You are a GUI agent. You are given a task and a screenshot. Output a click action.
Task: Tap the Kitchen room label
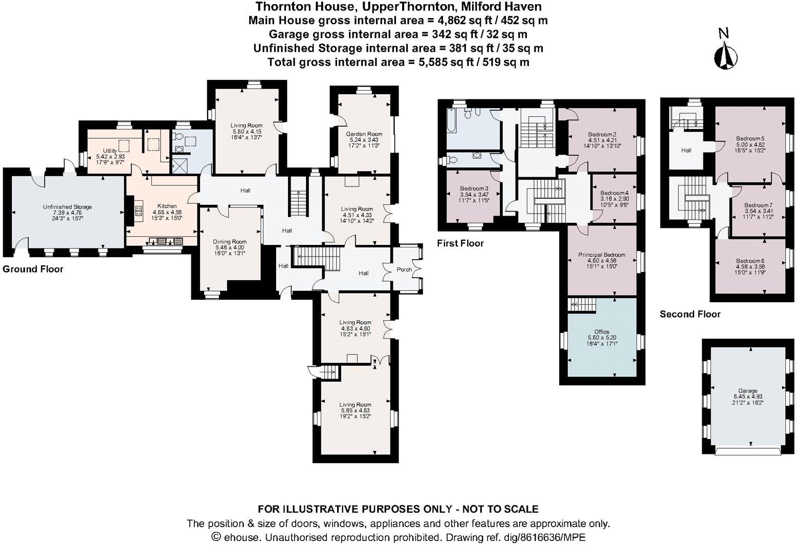point(167,206)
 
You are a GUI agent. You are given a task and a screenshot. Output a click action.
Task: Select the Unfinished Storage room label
point(67,207)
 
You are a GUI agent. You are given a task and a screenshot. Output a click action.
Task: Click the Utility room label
point(110,151)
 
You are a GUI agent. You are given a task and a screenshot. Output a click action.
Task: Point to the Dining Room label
point(230,242)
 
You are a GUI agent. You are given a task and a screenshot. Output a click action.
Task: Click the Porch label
point(404,269)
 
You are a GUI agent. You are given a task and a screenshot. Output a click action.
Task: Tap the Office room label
point(602,332)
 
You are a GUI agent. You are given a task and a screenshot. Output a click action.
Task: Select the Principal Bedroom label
point(602,255)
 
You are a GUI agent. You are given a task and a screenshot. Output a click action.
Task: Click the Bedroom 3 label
point(474,188)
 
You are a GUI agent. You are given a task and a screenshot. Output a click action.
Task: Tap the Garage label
point(747,391)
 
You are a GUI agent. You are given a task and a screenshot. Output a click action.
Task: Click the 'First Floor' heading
point(460,243)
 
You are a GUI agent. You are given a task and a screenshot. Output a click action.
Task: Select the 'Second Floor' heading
point(690,314)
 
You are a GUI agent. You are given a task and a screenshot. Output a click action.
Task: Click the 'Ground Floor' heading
point(33,269)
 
